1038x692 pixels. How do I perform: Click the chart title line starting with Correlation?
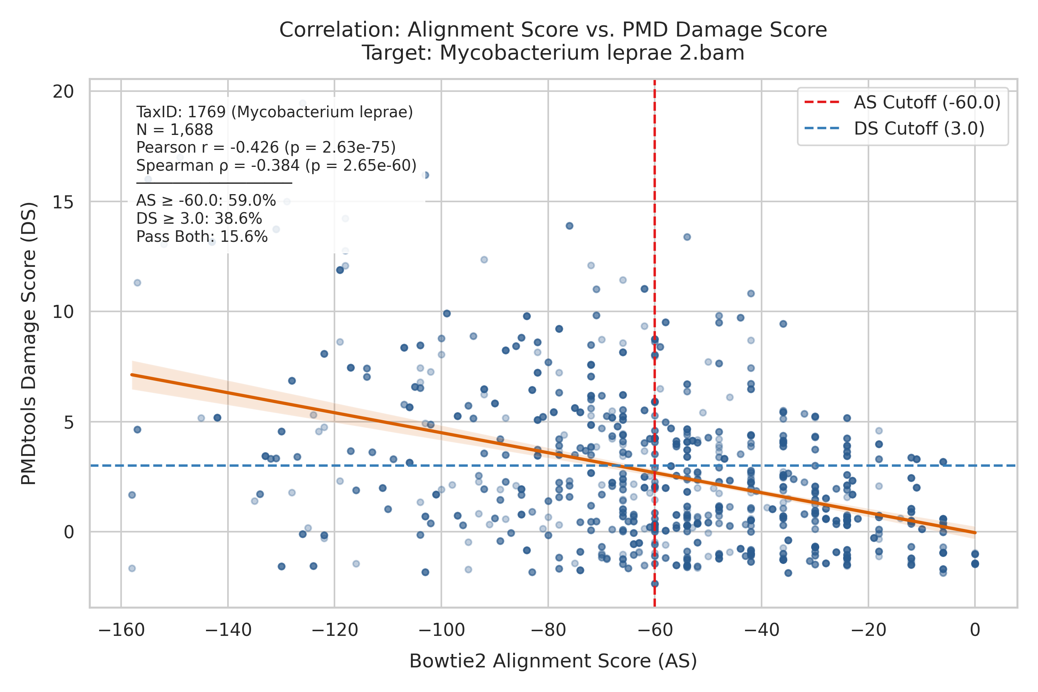point(553,30)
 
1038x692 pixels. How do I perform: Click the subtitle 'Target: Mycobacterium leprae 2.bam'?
point(553,53)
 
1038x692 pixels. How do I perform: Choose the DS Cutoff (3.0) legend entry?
point(894,129)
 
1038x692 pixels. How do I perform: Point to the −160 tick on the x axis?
point(121,630)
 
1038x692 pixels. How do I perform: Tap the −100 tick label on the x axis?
point(441,630)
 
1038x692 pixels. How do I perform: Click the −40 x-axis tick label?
point(762,630)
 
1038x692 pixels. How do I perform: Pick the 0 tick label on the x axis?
point(975,630)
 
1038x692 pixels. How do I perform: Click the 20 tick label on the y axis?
point(63,92)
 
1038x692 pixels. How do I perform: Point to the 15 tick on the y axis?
point(63,202)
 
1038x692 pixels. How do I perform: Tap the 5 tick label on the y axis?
point(69,422)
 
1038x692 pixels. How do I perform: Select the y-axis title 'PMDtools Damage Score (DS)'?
point(29,343)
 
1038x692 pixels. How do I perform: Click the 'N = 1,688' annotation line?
point(175,130)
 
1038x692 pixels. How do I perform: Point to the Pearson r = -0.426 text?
point(266,147)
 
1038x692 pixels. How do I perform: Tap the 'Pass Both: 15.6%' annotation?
point(202,236)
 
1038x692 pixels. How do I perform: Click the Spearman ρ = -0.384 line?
point(276,165)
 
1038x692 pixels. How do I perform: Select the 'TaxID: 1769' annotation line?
point(274,112)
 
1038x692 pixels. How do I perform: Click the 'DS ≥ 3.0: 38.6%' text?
point(199,218)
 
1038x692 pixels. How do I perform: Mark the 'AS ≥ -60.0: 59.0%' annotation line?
point(206,200)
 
